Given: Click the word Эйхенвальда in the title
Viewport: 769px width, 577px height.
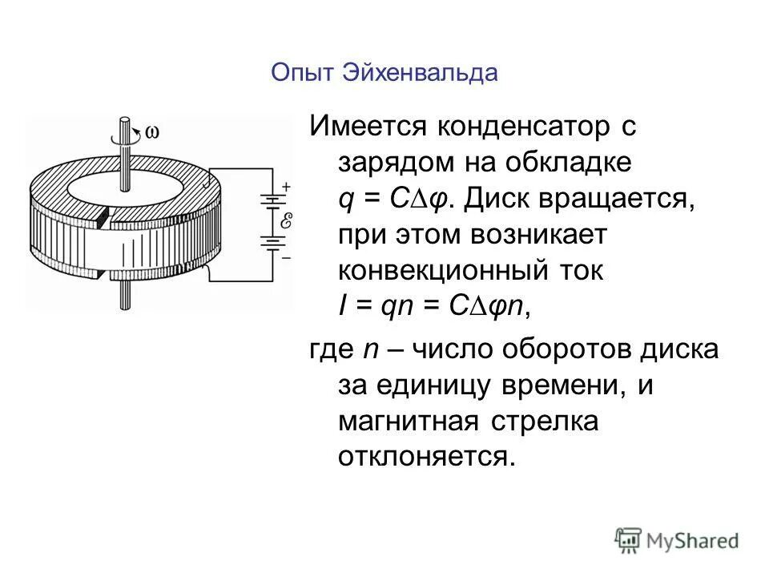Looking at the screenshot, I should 420,73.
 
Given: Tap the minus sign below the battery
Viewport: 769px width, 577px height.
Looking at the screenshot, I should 286,257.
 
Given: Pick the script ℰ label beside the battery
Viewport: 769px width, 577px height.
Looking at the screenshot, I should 286,221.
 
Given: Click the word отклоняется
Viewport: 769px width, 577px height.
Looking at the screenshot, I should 425,457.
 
